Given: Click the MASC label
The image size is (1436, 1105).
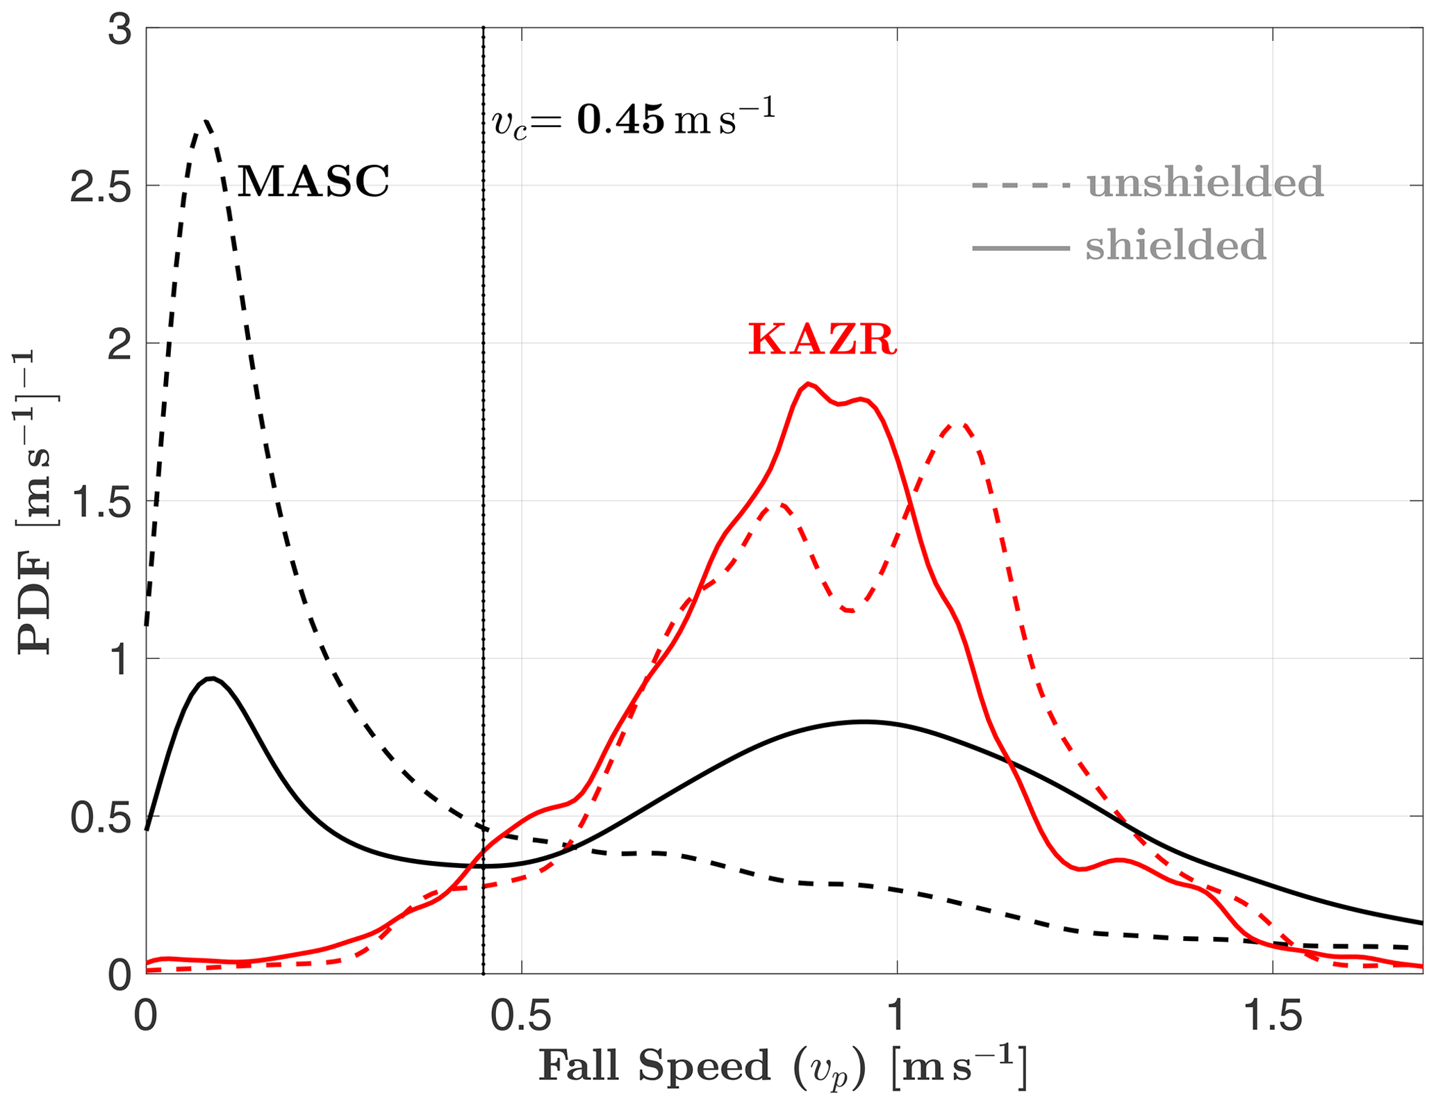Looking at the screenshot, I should pyautogui.click(x=313, y=182).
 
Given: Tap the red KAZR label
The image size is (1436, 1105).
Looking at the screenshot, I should pyautogui.click(x=822, y=341).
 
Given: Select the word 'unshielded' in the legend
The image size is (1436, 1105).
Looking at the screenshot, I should pyautogui.click(x=1205, y=183).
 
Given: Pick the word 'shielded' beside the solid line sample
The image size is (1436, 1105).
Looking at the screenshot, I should pyautogui.click(x=1175, y=246).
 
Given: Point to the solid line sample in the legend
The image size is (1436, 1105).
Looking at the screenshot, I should pyautogui.click(x=1020, y=248).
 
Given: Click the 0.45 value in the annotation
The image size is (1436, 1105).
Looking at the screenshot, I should pyautogui.click(x=620, y=120).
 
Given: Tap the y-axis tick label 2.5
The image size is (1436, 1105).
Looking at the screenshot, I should pyautogui.click(x=101, y=186).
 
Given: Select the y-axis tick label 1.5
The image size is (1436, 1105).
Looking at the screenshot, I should pyautogui.click(x=101, y=501).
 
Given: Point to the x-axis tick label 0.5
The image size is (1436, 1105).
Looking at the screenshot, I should pyautogui.click(x=522, y=1017).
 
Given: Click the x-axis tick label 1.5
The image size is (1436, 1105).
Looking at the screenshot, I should pyautogui.click(x=1273, y=1017).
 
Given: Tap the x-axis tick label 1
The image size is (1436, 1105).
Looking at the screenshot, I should pyautogui.click(x=897, y=1017).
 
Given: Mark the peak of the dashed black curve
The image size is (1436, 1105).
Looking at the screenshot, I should pyautogui.click(x=205, y=122).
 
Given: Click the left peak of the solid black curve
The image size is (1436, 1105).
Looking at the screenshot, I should pyautogui.click(x=212, y=678).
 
